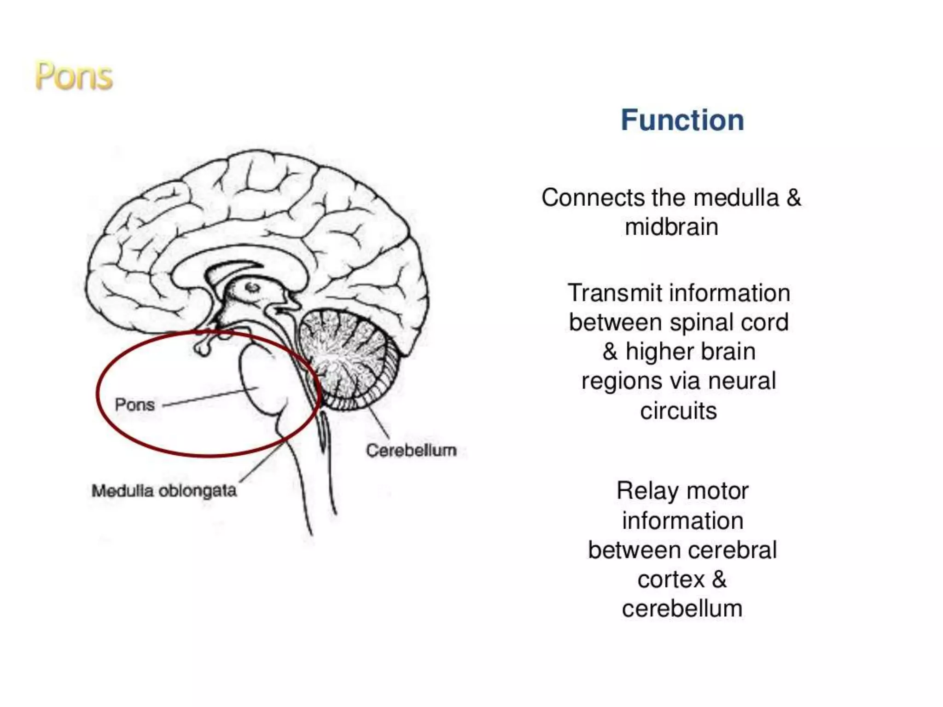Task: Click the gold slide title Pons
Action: (x=74, y=76)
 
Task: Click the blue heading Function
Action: (x=682, y=120)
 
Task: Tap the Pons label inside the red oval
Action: (x=134, y=405)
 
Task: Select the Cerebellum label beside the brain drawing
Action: (x=411, y=450)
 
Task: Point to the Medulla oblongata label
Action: (x=164, y=491)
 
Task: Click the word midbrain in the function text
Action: (x=671, y=227)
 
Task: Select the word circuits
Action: (x=678, y=411)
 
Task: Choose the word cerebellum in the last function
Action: (x=682, y=608)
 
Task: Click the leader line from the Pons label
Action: (x=207, y=398)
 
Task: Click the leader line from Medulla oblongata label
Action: (x=260, y=463)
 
